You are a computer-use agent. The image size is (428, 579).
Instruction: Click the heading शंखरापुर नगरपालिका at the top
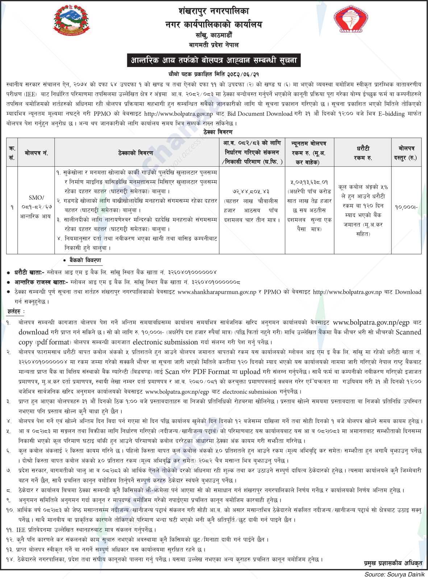pyautogui.click(x=214, y=11)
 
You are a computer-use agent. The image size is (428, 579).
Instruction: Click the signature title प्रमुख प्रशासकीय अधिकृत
pyautogui.click(x=393, y=563)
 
